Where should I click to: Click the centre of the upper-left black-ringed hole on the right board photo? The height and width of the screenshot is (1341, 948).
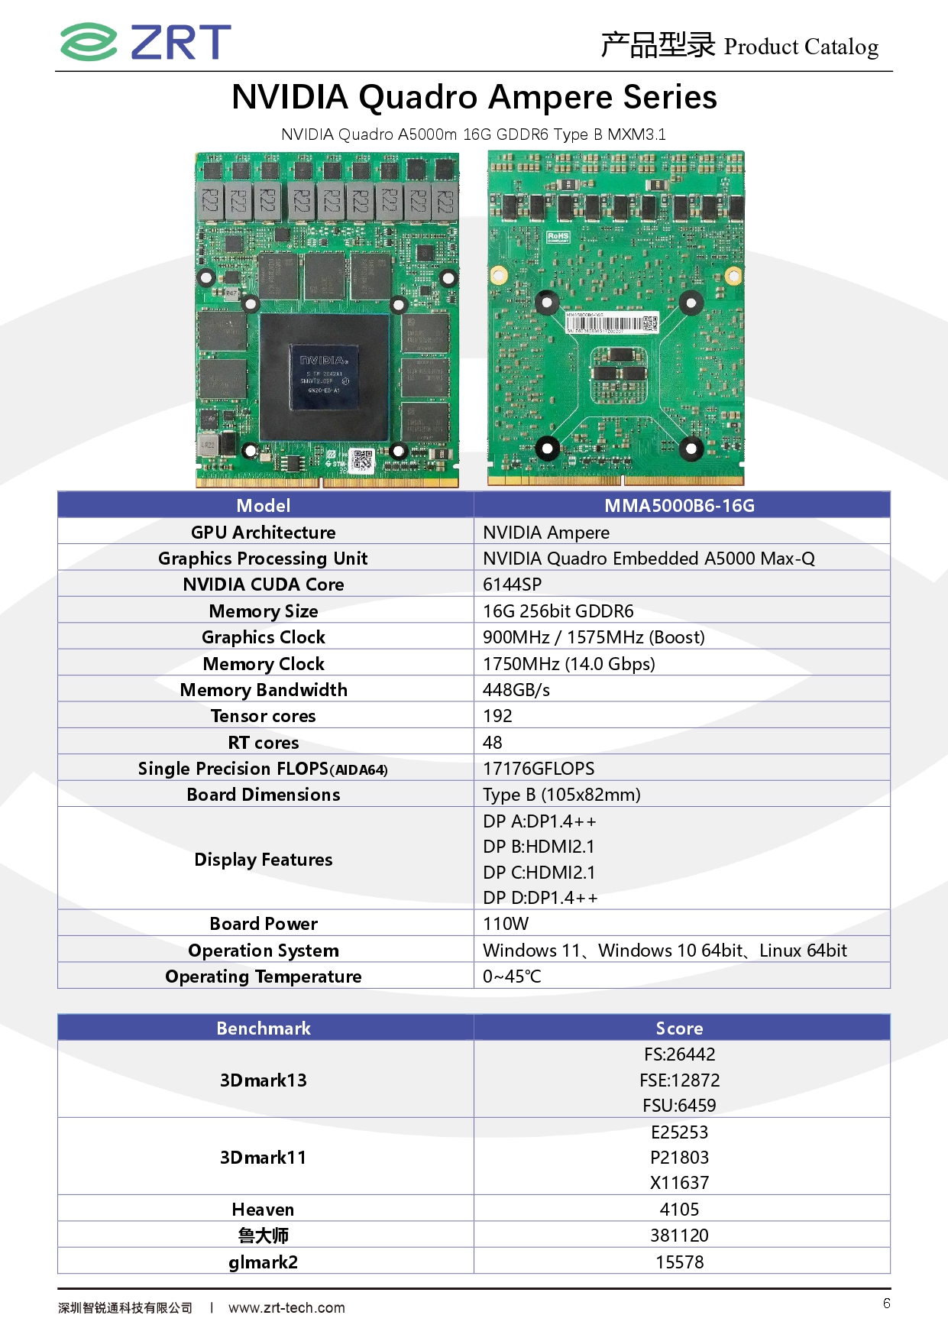(546, 303)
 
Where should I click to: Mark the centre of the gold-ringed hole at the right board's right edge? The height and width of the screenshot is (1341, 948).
(733, 274)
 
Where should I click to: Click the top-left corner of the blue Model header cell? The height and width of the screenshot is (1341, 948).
(58, 493)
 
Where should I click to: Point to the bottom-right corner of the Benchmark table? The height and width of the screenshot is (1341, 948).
(890, 1273)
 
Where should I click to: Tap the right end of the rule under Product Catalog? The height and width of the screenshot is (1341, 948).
(892, 72)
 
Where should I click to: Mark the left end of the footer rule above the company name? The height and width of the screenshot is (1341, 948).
(58, 1288)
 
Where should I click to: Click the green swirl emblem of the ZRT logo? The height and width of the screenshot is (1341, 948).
(89, 41)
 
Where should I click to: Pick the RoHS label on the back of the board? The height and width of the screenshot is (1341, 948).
(558, 237)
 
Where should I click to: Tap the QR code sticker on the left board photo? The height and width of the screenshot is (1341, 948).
(363, 461)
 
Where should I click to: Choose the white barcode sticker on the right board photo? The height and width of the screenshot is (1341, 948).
(612, 322)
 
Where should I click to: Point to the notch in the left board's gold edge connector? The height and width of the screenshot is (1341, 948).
(322, 482)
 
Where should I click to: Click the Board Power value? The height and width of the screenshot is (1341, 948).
(506, 924)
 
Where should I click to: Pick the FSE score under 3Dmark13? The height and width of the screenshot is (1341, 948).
(680, 1080)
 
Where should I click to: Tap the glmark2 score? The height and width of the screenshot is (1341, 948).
(680, 1262)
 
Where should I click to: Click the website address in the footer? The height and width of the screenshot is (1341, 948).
(286, 1307)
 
